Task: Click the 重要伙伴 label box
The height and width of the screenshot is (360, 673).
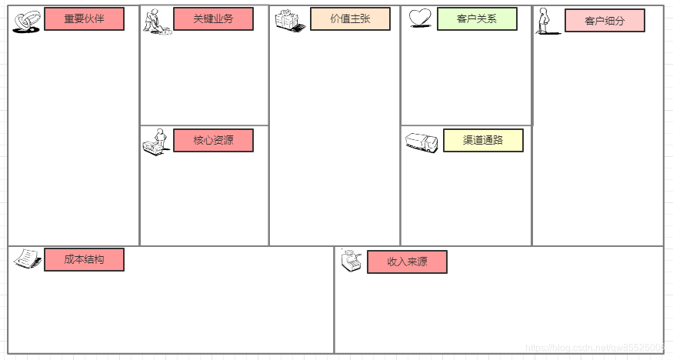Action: tap(84, 18)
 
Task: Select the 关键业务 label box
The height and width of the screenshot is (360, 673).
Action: tap(213, 18)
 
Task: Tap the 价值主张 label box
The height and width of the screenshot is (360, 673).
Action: tap(350, 18)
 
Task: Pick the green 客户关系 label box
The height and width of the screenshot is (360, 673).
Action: tap(477, 18)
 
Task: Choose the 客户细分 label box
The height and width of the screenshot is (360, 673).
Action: tap(605, 21)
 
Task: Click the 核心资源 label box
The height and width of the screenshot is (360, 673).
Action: tap(213, 140)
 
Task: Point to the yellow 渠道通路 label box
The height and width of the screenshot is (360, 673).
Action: tap(483, 140)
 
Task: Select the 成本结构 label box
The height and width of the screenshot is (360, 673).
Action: tap(84, 259)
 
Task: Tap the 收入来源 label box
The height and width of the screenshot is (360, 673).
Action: tap(407, 262)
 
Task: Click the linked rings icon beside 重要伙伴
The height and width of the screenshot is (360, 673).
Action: tap(27, 22)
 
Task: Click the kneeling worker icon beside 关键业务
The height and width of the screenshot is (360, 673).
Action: tap(157, 22)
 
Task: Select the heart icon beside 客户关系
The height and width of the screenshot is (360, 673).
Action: tap(420, 18)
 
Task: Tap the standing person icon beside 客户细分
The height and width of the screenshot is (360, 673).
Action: tap(545, 22)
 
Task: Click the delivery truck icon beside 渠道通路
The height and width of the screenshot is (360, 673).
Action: tap(421, 142)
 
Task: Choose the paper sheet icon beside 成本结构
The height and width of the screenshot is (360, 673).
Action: tap(27, 258)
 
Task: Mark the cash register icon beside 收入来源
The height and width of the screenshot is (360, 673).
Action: tap(351, 262)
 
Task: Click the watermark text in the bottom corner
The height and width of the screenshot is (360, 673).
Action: tap(594, 348)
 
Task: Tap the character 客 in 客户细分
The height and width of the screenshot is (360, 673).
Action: tap(590, 21)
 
